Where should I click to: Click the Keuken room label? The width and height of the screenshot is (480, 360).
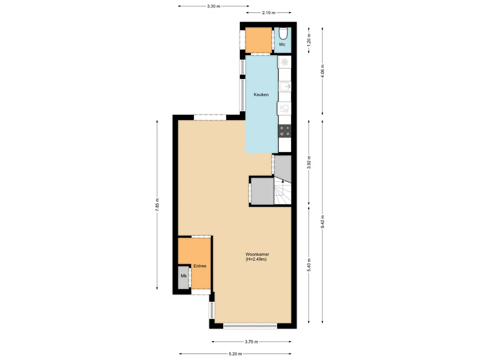pos(261,95)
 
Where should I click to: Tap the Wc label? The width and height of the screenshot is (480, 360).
pos(282,45)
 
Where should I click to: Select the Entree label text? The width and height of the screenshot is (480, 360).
pos(200,266)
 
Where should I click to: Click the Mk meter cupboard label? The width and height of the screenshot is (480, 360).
pos(184,276)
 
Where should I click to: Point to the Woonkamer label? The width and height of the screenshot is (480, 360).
pos(257,254)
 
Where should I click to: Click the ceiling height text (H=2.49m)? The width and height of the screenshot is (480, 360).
pos(256,259)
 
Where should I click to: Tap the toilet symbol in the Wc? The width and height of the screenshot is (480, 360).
pos(283,34)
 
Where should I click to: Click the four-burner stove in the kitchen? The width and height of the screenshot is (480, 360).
pos(285,131)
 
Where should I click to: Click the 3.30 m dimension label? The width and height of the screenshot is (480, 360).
pos(214,6)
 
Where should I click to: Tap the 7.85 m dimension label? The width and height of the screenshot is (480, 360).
pos(157,204)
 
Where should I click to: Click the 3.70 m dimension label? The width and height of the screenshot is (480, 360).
pos(252,342)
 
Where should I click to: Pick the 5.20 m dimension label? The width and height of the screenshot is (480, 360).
pos(235,354)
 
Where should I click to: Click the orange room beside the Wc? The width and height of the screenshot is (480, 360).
pos(259,40)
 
